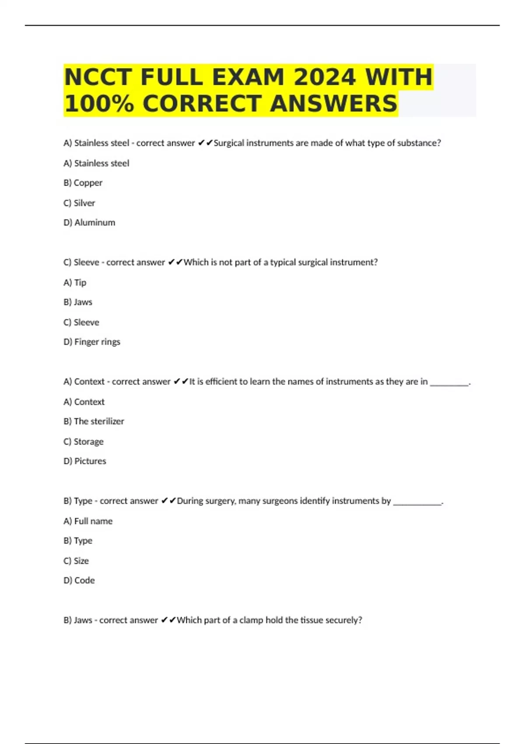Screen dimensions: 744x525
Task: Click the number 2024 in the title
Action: (325, 77)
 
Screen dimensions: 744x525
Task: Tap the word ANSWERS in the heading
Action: (333, 104)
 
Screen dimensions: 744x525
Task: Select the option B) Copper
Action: (83, 183)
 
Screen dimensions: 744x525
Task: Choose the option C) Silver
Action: (79, 203)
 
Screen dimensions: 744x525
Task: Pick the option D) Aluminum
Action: (89, 223)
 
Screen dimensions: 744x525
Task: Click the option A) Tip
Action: (75, 283)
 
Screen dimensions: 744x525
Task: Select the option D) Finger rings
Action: (92, 342)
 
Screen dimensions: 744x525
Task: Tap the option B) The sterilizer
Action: (94, 421)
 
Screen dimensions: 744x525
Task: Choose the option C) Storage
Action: (84, 442)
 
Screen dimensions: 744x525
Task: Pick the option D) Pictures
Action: (85, 461)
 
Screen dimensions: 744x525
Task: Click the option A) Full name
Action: (88, 521)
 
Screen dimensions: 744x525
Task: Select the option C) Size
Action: (76, 561)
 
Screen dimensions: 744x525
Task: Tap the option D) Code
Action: (79, 580)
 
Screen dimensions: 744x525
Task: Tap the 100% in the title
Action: (99, 104)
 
